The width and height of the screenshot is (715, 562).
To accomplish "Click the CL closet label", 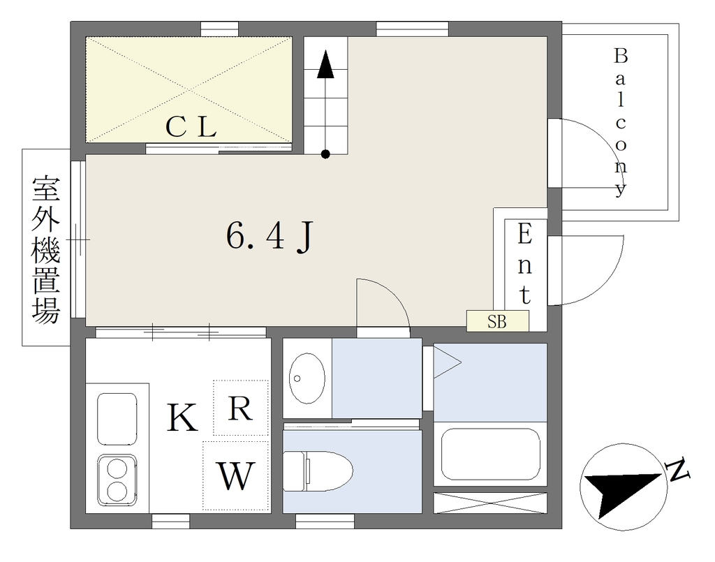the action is click(x=191, y=127).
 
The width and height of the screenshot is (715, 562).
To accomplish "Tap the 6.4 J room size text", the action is click(x=270, y=237).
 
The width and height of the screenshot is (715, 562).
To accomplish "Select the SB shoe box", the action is click(x=497, y=321).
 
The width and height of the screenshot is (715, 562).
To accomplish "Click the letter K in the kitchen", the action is click(x=182, y=417).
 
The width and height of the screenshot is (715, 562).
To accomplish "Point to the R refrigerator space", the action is click(x=240, y=408).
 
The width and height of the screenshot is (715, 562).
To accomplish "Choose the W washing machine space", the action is click(x=235, y=475).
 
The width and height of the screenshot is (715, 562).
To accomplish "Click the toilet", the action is click(x=318, y=471).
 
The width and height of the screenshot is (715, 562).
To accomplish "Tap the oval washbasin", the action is click(x=307, y=378).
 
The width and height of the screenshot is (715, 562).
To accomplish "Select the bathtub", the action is click(x=490, y=454).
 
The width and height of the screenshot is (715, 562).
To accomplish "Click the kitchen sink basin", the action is click(x=117, y=419).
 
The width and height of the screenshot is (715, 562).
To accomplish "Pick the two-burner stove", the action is click(x=117, y=480).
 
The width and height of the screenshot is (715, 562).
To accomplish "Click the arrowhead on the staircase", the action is click(x=325, y=64).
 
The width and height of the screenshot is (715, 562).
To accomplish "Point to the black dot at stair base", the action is click(x=325, y=154).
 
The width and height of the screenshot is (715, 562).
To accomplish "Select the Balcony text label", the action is click(x=620, y=122).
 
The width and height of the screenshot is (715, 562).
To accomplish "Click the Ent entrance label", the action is click(x=525, y=265).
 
